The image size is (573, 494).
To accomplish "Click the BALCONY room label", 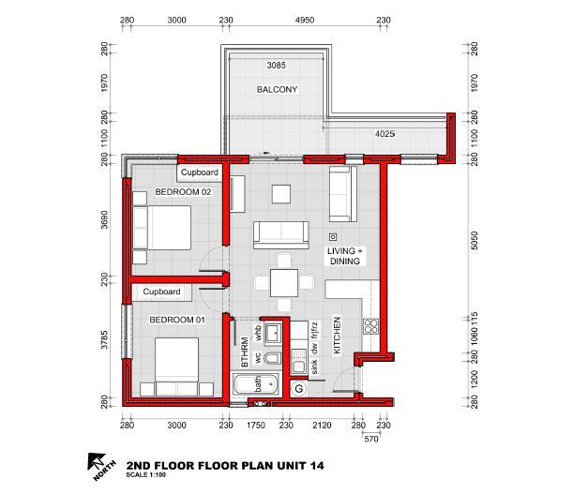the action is point(277,89).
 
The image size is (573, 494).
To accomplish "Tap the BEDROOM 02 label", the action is point(183,192).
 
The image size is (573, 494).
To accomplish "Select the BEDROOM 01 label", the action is point(177,320).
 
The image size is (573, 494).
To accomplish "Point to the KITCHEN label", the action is point(337,336).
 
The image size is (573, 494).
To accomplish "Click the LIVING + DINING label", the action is point(344,256).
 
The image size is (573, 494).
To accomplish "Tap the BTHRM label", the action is point(245,352).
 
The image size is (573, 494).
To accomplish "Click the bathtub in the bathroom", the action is point(255,384).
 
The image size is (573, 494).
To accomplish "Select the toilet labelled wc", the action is point(272,358).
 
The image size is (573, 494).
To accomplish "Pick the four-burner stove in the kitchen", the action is point(371,326).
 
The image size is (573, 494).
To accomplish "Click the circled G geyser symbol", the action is point(299,388).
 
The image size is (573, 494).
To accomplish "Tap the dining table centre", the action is point(284,283).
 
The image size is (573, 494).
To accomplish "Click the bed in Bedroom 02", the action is point(162,228).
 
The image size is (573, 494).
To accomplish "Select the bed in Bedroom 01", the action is point(177,367).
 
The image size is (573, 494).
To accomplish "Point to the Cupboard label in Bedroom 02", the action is point(199,172).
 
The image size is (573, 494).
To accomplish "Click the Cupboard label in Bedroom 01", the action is point(161,292).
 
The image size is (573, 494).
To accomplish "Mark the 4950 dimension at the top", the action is point(305,20).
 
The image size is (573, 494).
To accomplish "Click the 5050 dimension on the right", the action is point(474,240).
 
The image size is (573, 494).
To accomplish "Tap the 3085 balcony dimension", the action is point(276,66).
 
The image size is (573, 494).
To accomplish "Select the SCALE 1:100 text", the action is point(145,475).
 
